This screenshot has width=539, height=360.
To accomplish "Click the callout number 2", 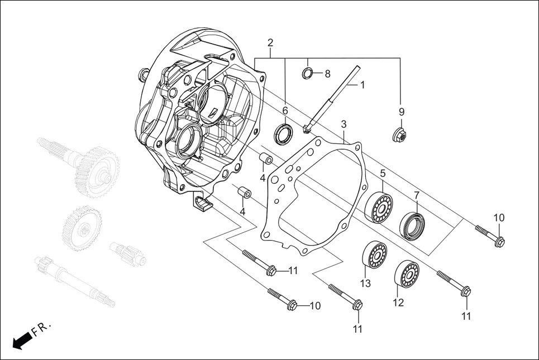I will pos(270,43).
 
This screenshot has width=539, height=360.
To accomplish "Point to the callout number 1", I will pos(362,85).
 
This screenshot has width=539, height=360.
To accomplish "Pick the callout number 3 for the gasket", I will pos(344,123).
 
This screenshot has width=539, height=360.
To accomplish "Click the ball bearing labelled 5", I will pos(380,208).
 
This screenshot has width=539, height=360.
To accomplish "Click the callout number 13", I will pos(365,284).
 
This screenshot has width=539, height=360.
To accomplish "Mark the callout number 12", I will pos(398,303).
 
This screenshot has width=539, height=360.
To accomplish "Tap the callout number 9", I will pos(402,112).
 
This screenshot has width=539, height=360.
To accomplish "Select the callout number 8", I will pos(327,74).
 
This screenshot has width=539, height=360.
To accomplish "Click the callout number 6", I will pos(285,111).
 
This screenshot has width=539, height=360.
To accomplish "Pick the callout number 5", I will pos(383,174).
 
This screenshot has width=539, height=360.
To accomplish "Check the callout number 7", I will pos(416,195).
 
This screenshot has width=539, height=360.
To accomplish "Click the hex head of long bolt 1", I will pos(307,130).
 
